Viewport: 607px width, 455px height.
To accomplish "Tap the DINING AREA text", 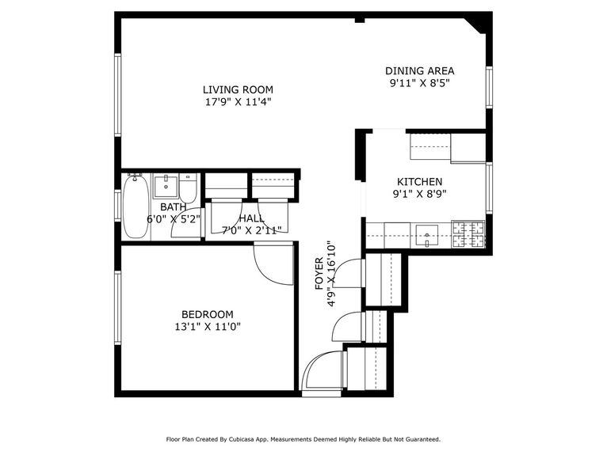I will click(420, 70).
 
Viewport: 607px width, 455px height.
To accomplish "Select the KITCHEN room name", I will click(419, 181).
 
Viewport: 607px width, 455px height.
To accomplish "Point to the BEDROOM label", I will click(207, 313).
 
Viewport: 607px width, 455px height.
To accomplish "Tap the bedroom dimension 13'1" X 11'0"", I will click(207, 325).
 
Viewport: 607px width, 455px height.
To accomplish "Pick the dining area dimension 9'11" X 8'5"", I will click(420, 82).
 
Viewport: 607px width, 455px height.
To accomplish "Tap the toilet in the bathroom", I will click(188, 188).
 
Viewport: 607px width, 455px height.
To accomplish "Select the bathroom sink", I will click(166, 187).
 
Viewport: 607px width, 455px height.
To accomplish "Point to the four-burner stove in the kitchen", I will click(468, 233).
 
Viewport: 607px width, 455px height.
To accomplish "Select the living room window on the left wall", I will click(118, 95).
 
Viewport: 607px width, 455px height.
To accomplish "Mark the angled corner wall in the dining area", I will click(478, 24).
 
